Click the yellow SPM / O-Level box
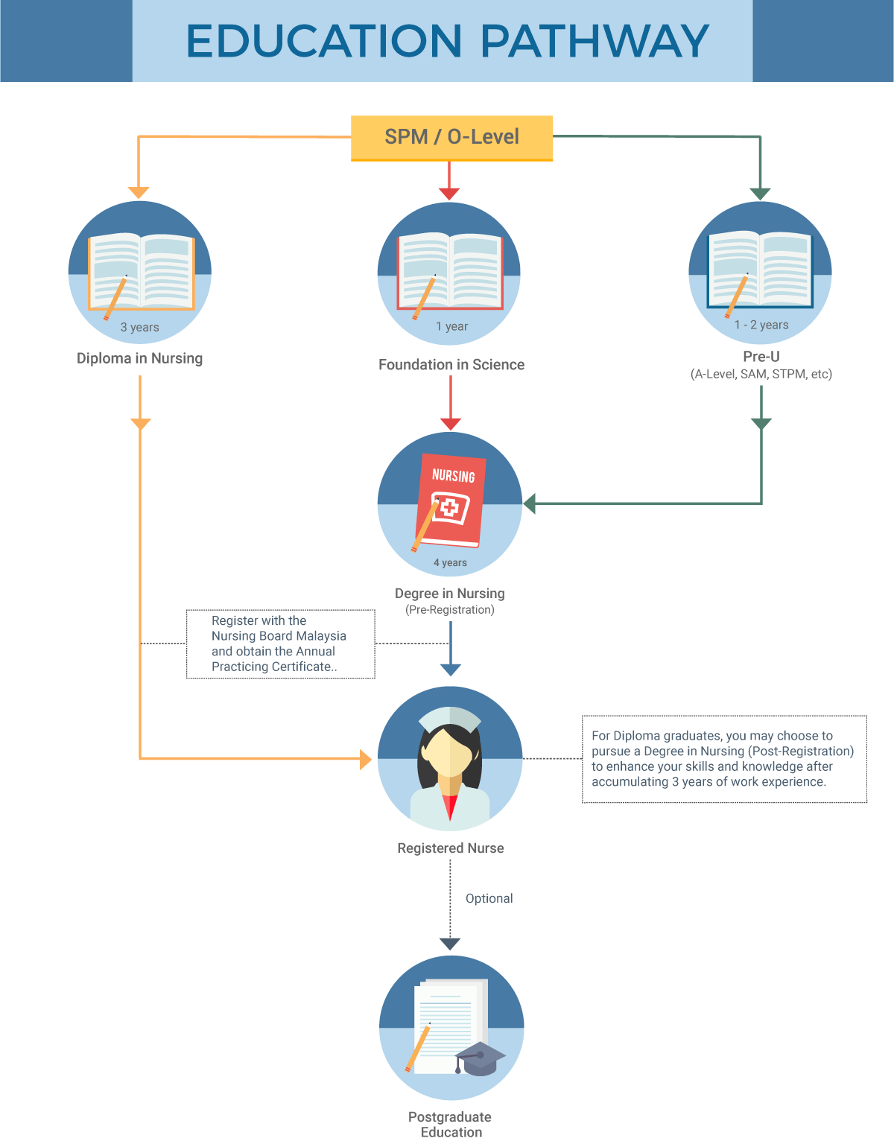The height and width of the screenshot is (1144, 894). (x=451, y=138)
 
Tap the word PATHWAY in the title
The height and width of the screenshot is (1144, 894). (x=595, y=41)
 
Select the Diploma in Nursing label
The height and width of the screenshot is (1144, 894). (x=139, y=358)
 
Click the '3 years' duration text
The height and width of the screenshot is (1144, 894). (x=139, y=327)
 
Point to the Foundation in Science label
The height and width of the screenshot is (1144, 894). (x=451, y=365)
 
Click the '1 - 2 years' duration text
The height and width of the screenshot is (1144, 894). (x=761, y=325)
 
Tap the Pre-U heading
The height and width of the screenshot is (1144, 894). (x=761, y=357)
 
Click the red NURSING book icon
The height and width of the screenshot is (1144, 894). (x=450, y=500)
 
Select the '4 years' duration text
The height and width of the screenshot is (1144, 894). (x=450, y=563)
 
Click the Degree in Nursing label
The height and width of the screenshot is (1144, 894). (x=450, y=594)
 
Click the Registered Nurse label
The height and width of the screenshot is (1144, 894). (x=450, y=848)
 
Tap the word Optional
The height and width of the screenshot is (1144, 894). (x=489, y=899)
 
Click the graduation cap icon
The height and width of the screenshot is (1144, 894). (x=480, y=1058)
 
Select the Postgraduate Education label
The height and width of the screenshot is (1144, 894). (x=450, y=1125)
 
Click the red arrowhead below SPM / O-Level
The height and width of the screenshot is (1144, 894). (x=449, y=194)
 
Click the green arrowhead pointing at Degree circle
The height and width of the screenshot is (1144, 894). (x=530, y=503)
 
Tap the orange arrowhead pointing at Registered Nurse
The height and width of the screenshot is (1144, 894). (x=366, y=759)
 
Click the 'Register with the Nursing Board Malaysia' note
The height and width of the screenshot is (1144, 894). (x=280, y=643)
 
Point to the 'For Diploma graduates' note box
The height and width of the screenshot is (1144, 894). (x=724, y=759)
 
